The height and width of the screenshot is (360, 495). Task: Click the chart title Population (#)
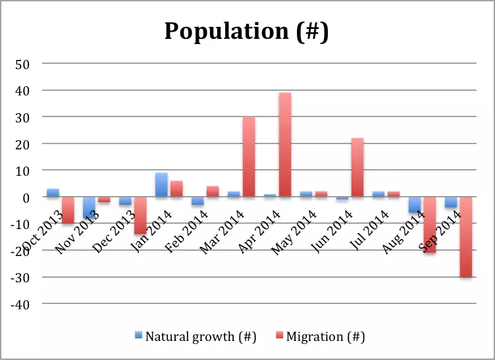247,30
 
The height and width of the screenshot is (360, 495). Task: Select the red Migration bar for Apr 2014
284,144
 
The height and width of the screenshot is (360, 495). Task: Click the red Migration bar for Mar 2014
249,157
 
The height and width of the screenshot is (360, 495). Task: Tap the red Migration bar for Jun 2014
357,167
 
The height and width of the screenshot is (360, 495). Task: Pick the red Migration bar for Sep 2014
465,237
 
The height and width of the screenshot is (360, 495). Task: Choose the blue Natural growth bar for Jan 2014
161,185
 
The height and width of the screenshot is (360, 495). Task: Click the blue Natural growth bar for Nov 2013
90,207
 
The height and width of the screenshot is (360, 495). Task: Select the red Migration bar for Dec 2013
140,215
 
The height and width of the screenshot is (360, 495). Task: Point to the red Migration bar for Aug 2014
429,224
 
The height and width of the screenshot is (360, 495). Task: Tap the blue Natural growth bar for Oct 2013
53,193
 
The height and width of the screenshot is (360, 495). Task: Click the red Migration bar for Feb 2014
213,192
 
